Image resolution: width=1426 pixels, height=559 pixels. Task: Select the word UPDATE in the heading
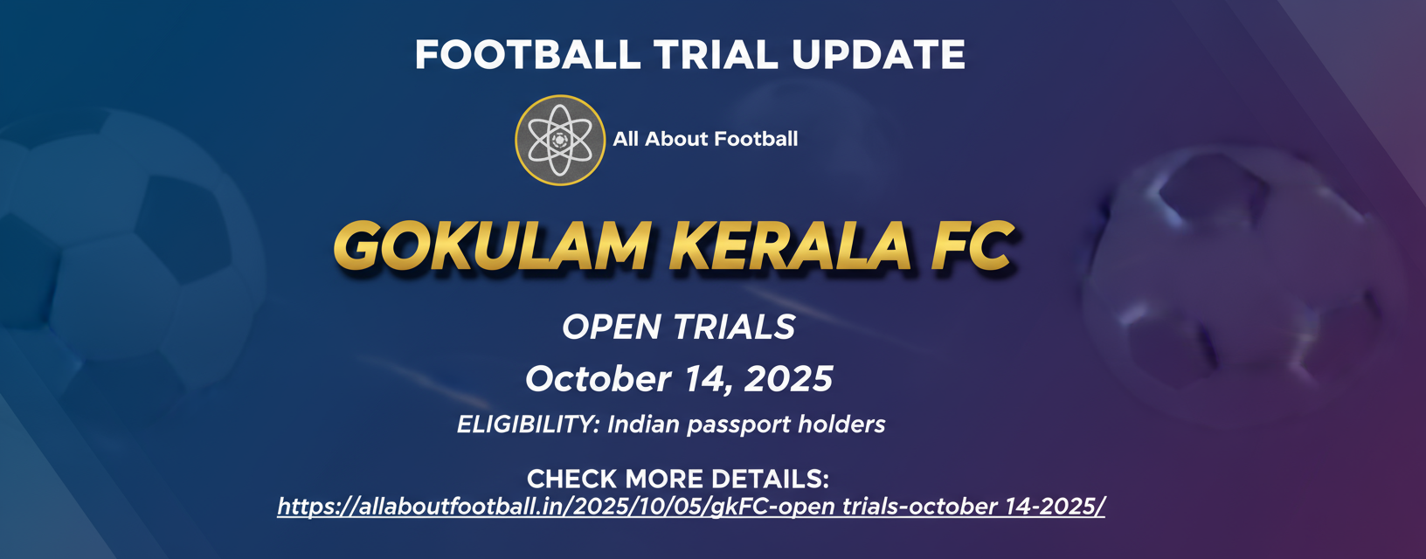point(878,55)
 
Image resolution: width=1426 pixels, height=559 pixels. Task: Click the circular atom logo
point(559,140)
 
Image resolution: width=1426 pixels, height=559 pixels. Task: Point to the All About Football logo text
point(705,139)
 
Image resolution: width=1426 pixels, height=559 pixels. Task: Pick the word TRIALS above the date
point(734,328)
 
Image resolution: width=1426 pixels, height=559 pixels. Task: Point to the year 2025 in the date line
point(788,379)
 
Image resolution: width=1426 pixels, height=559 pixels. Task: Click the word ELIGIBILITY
point(528,424)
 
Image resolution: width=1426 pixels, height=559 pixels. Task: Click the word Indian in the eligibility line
point(643,424)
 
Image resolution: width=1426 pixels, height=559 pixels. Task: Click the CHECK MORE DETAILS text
point(677,479)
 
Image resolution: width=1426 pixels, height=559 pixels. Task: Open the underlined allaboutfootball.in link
point(690,507)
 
